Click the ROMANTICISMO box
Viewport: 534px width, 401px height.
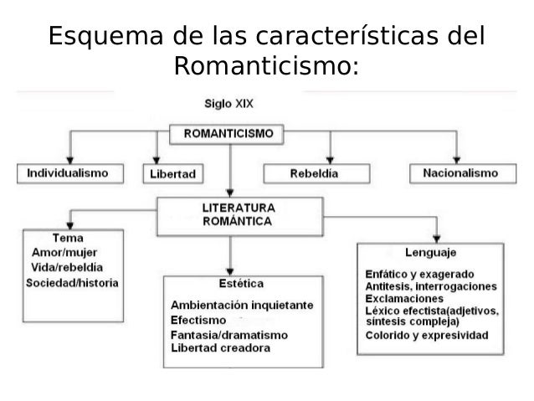(228, 133)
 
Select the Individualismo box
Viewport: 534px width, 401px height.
(69, 173)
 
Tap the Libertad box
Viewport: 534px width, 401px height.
(172, 174)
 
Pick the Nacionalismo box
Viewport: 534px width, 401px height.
(460, 172)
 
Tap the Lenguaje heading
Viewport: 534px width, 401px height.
(430, 252)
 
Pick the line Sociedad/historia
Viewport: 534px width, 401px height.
(72, 282)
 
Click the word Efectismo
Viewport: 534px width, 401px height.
(198, 320)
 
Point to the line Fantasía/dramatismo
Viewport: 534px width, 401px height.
(228, 334)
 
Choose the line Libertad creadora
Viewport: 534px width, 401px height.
(220, 348)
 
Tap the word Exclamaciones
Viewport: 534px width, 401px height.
(404, 299)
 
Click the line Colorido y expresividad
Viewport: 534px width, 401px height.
(426, 335)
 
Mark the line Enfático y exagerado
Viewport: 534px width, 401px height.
(420, 274)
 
